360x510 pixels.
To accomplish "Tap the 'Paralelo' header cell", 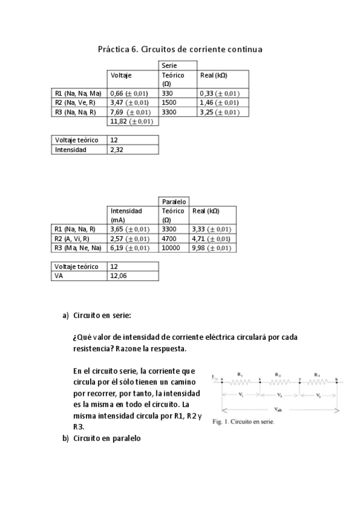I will coord(174,201).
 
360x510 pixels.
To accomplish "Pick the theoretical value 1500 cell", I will coord(170,103).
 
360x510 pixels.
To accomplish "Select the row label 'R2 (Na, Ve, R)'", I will coord(75,103).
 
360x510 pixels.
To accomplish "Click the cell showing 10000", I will coord(171,248).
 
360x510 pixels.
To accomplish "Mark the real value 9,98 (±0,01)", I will coord(210,248).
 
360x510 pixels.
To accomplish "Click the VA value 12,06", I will coord(118,276).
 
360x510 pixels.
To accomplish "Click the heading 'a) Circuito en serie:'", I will coord(96,315).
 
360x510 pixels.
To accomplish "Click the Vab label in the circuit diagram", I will coord(278,408).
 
